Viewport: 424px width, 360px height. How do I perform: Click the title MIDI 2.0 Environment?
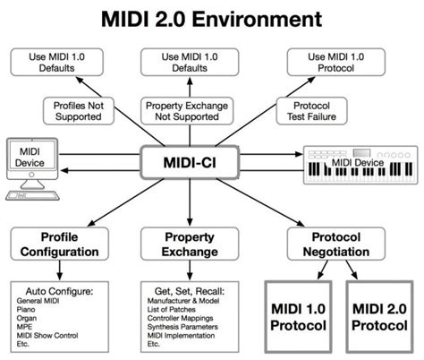tap(212, 17)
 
